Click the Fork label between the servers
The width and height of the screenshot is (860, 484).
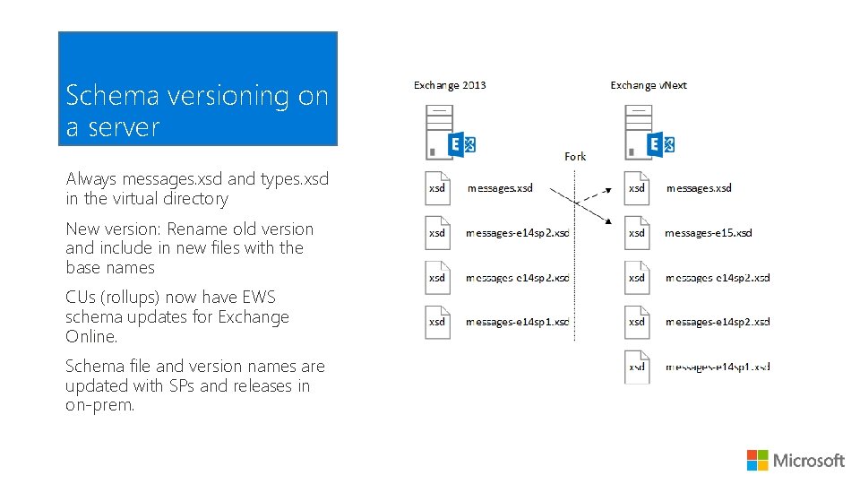(575, 156)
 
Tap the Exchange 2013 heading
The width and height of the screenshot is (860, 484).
(450, 85)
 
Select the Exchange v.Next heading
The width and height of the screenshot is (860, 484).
(649, 85)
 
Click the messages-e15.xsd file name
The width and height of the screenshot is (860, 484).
(708, 233)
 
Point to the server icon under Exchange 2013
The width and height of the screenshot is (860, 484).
(441, 131)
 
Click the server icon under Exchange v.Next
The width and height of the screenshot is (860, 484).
(639, 131)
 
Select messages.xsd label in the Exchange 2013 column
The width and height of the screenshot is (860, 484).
(500, 188)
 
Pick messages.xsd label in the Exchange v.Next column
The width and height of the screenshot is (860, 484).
(699, 188)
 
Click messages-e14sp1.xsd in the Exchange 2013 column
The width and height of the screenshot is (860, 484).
(518, 322)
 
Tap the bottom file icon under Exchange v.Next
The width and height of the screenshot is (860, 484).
(637, 366)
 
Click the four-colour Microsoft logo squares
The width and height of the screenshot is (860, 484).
(757, 460)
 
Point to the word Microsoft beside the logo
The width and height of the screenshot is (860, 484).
(809, 461)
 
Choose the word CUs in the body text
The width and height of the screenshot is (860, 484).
(82, 298)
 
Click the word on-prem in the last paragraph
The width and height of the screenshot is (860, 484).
(99, 405)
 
